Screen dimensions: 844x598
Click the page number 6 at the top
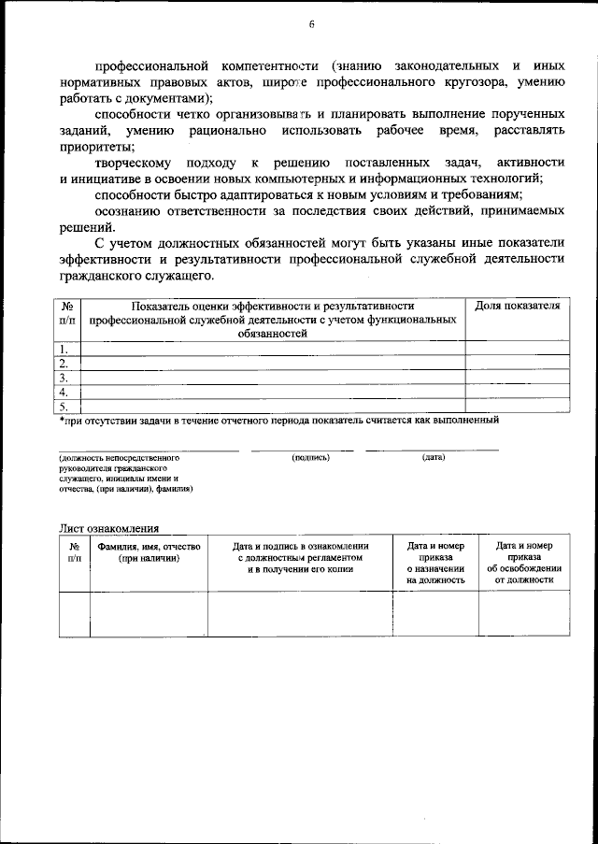311,25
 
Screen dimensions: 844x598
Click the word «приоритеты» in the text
90,147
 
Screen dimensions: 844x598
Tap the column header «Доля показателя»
517,306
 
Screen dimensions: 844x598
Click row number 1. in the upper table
65,348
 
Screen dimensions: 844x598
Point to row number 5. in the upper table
65,407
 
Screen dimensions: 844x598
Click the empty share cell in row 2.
517,363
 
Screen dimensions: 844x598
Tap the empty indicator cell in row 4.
273,392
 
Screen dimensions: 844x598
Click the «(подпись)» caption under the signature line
310,458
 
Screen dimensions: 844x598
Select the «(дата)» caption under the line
434,458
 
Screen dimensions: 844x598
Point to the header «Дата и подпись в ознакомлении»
301,546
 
